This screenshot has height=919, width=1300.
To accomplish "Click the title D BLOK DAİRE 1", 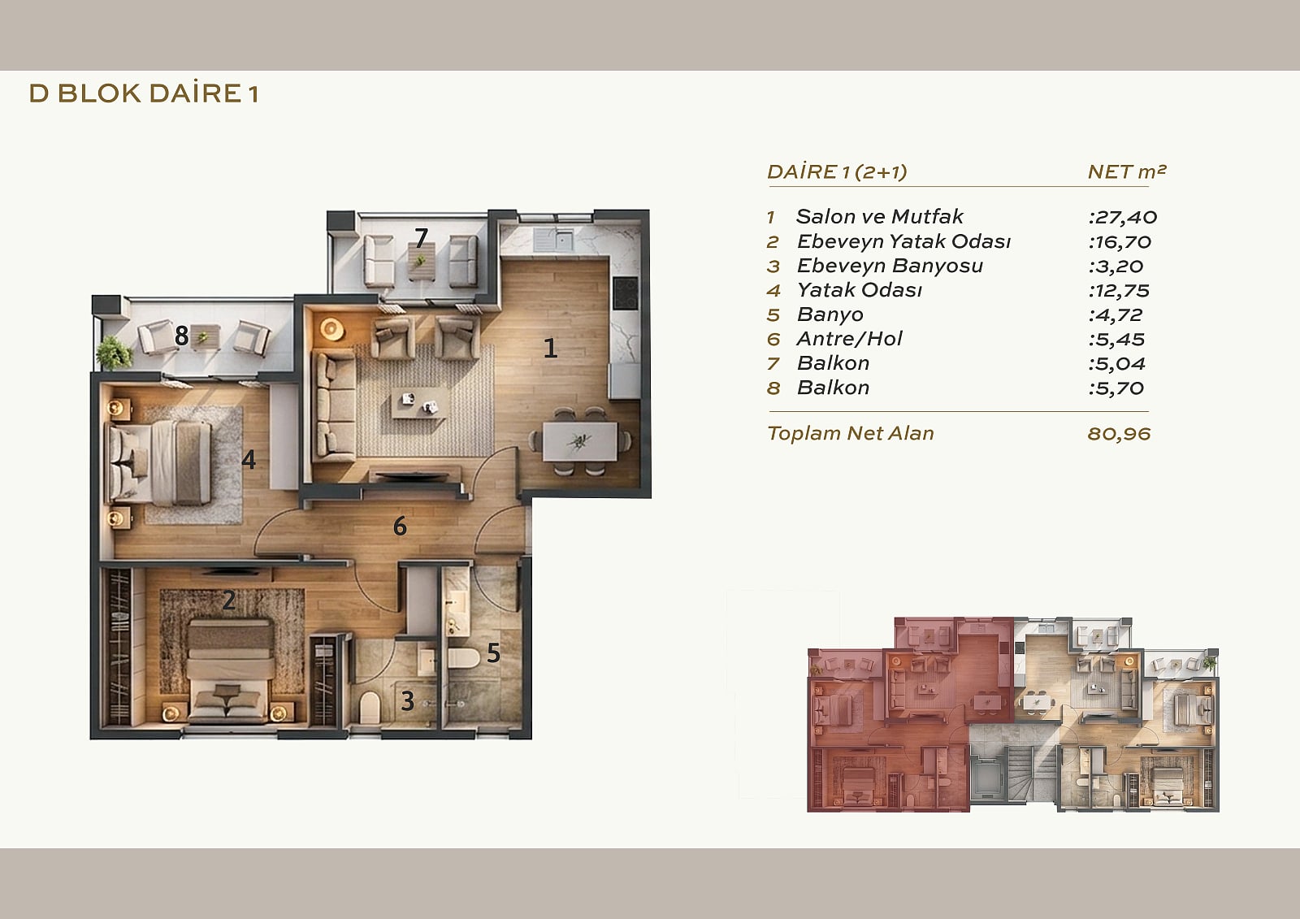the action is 143,93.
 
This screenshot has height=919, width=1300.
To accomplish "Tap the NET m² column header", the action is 1126,171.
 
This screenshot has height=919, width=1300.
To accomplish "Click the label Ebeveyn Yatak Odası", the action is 903,241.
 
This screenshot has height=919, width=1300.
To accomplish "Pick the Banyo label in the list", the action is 830,314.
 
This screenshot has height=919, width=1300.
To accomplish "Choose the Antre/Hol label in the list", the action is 849,339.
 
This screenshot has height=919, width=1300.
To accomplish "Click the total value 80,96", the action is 1119,434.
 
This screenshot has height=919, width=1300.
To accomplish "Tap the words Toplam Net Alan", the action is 850,433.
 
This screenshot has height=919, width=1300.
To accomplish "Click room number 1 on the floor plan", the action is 550,348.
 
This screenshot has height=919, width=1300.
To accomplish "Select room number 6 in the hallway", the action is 399,527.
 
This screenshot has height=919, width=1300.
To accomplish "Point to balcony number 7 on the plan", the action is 422,237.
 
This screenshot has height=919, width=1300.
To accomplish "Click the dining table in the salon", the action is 580,442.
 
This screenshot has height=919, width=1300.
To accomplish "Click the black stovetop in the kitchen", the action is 626,293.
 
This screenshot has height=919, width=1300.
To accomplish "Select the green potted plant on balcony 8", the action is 114,353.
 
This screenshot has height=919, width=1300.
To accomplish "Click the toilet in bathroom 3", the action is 369,707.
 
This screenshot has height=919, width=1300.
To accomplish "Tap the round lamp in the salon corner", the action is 331,330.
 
